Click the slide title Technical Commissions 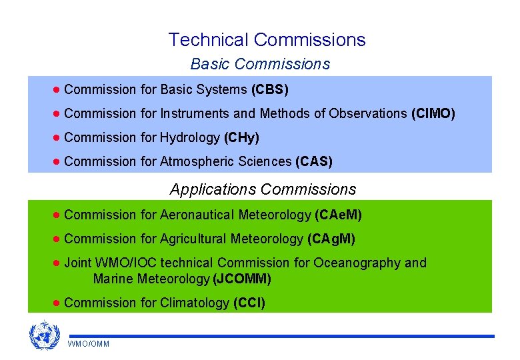(x=267, y=40)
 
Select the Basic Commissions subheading (x=260, y=64)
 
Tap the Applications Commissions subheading (x=263, y=189)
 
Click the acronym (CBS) (x=269, y=89)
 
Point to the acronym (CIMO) (x=433, y=113)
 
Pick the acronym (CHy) (x=241, y=137)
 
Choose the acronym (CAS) (x=313, y=161)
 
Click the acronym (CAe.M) (x=337, y=215)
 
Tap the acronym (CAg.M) (x=331, y=239)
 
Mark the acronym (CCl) (x=249, y=303)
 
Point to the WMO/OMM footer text (x=89, y=344)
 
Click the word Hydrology (x=190, y=137)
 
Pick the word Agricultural (x=193, y=239)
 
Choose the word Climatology (x=195, y=303)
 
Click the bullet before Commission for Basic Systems (x=57, y=89)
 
